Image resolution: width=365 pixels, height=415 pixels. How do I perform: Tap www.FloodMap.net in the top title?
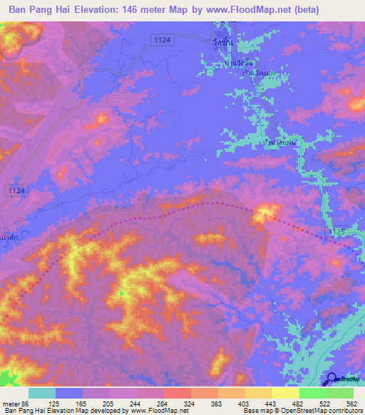(255, 10)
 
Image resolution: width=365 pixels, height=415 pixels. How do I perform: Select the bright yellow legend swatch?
(285, 393)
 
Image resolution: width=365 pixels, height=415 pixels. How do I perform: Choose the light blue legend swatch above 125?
(69, 393)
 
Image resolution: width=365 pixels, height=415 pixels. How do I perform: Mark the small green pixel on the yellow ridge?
(122, 293)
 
